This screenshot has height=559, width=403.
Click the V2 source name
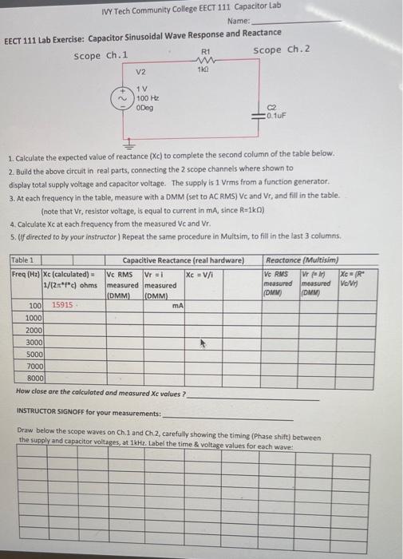click(x=141, y=73)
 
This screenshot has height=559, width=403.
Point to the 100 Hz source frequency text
click(x=146, y=97)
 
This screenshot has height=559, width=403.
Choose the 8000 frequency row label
click(x=34, y=377)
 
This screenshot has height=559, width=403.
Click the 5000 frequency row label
click(x=34, y=353)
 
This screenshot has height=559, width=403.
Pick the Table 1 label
click(x=23, y=260)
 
